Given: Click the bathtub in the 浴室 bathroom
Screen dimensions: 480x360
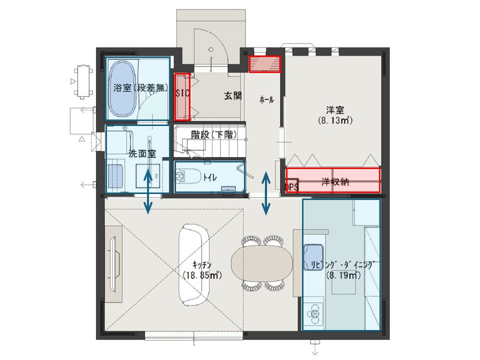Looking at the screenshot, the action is pyautogui.click(x=122, y=88).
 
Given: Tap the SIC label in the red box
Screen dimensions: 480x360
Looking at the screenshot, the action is pyautogui.click(x=182, y=93).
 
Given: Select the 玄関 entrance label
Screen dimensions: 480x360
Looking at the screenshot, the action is pyautogui.click(x=233, y=96).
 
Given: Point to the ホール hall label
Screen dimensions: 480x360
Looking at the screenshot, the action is pyautogui.click(x=266, y=99).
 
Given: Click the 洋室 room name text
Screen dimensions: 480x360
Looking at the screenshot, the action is pyautogui.click(x=335, y=109).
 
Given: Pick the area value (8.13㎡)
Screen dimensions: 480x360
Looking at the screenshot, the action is pyautogui.click(x=335, y=120).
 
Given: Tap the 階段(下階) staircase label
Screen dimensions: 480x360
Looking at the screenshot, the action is pyautogui.click(x=213, y=134).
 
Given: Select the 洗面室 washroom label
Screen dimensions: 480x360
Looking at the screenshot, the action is pyautogui.click(x=142, y=153).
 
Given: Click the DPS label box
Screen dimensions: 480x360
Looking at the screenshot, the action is pyautogui.click(x=292, y=185).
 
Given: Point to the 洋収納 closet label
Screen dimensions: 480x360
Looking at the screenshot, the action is pyautogui.click(x=335, y=182).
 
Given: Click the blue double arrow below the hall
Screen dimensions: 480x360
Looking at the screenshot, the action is pyautogui.click(x=265, y=193).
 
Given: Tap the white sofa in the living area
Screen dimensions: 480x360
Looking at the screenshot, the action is pyautogui.click(x=194, y=264).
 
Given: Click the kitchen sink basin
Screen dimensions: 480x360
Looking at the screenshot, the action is pyautogui.click(x=313, y=257).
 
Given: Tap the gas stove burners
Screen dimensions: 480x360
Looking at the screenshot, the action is pyautogui.click(x=314, y=313).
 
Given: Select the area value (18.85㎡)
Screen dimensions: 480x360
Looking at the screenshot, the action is pyautogui.click(x=202, y=275).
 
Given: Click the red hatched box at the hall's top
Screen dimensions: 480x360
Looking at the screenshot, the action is pyautogui.click(x=264, y=64).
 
